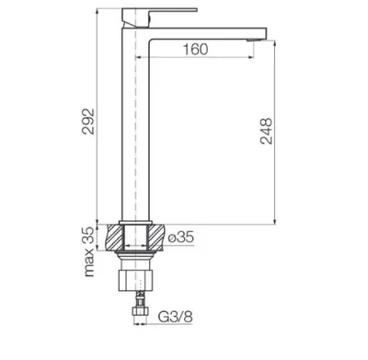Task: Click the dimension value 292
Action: [x=88, y=121]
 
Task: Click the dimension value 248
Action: [x=266, y=131]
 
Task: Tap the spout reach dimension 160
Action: [x=195, y=50]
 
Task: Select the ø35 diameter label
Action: [x=181, y=237]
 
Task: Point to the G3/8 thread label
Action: [x=176, y=317]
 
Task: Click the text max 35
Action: [x=88, y=251]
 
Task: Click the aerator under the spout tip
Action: [x=253, y=40]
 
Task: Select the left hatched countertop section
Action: [x=115, y=238]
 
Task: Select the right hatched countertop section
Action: [x=156, y=238]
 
